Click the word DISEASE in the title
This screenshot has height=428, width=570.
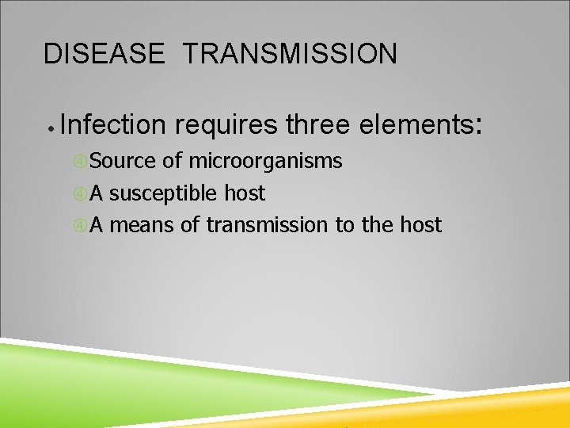tap(104, 54)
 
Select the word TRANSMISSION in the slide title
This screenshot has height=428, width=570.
tap(290, 54)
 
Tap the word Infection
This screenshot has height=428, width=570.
tap(112, 124)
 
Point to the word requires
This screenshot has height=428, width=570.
tap(226, 124)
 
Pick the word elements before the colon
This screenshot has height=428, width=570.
tap(416, 124)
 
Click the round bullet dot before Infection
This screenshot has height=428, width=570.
tap(49, 127)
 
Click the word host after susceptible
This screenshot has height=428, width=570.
tap(245, 193)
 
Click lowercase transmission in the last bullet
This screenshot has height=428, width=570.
tap(267, 225)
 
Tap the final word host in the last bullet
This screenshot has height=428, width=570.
tap(420, 225)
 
